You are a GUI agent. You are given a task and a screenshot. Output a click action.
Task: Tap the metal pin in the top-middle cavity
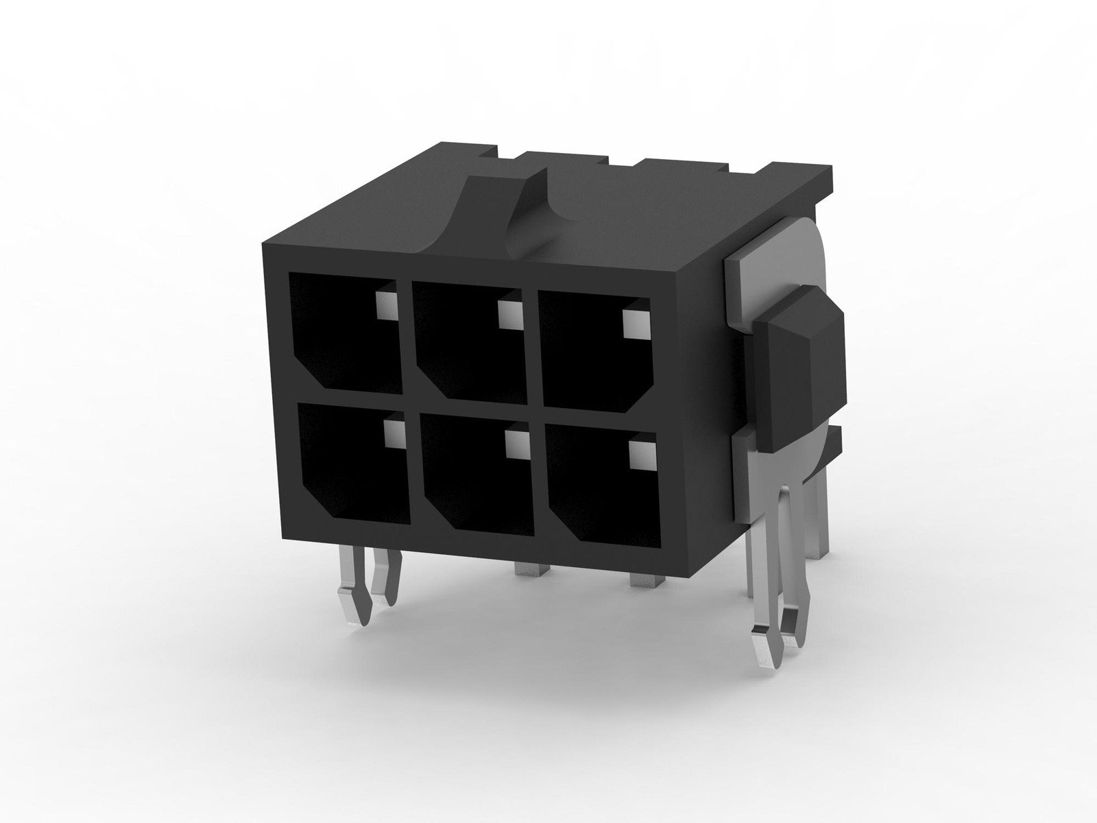509,313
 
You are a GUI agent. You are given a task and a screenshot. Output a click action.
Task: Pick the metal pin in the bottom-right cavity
639,455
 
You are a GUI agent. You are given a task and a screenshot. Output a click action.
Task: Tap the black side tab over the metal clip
802,370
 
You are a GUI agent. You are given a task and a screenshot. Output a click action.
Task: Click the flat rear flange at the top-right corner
802,175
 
